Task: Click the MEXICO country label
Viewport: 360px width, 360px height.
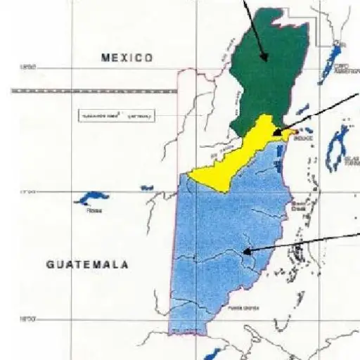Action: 127,58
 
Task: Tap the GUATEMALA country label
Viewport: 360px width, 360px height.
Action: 88,265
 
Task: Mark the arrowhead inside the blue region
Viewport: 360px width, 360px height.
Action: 246,250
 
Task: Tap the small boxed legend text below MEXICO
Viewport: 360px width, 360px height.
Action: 112,115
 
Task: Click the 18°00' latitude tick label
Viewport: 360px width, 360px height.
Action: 27,67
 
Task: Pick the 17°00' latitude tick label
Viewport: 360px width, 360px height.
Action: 27,191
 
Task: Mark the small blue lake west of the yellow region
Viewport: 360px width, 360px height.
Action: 147,188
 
